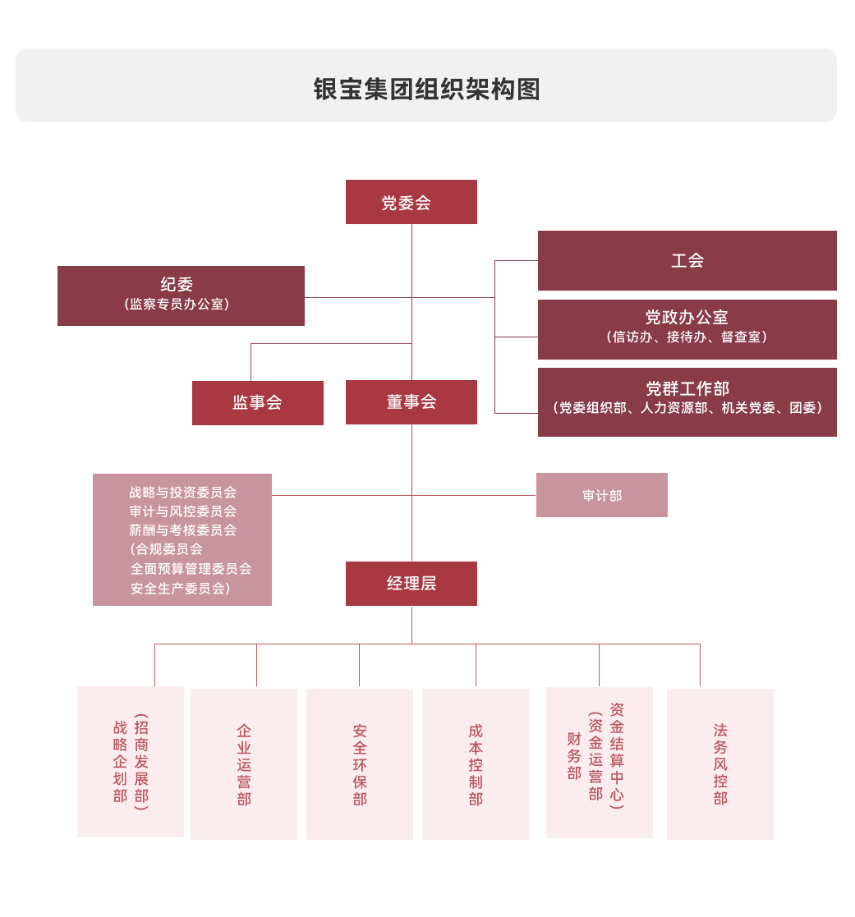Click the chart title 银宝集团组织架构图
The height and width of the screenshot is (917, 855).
426,89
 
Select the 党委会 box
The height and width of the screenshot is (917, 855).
411,202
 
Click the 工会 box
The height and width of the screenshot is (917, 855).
687,260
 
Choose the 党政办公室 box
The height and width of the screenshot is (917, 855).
687,328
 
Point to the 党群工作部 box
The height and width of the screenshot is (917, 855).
687,401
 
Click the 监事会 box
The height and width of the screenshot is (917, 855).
257,402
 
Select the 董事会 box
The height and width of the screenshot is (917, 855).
411,402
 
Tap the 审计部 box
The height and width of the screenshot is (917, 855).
601,495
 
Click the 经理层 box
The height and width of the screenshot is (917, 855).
411,584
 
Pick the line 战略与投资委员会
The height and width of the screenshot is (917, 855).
182,493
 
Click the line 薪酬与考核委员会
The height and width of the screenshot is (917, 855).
182,530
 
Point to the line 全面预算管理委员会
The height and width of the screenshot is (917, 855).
191,569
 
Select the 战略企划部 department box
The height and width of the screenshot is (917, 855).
131,762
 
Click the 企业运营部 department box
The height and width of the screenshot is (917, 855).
244,764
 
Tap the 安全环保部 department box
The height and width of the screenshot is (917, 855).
360,764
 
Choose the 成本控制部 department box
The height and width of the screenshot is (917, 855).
476,764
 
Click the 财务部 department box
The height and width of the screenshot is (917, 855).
600,763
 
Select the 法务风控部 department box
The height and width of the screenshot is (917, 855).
720,764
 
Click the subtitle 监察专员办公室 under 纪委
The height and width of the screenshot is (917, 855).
177,305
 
